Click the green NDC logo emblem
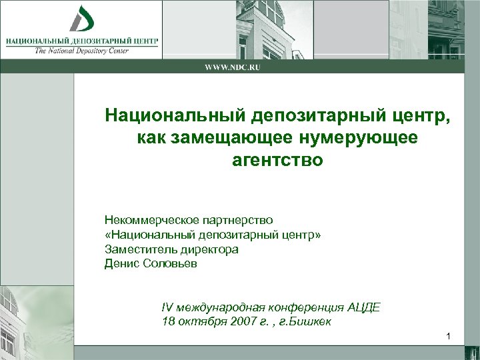pos(82,19)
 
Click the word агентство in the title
pos(277,161)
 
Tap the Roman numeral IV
pos(167,307)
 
